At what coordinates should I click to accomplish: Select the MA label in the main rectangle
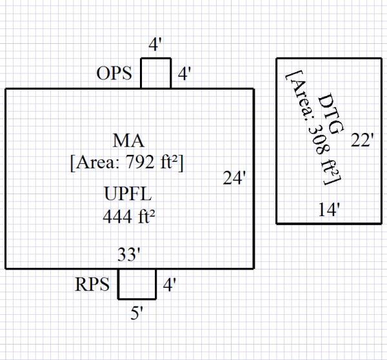click(128, 141)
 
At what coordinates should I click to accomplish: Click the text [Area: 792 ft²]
click(128, 162)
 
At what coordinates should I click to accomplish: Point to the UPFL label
click(128, 195)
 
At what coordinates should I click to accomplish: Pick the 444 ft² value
click(128, 217)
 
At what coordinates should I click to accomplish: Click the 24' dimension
click(235, 179)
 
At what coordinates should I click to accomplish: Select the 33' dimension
click(129, 255)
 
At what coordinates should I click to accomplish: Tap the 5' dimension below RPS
click(137, 315)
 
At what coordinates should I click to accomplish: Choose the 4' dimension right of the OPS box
click(184, 74)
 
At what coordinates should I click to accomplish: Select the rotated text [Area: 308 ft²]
click(312, 128)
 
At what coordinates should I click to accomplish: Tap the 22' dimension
click(362, 141)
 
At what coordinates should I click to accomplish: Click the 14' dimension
click(329, 210)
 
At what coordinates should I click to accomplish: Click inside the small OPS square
click(155, 74)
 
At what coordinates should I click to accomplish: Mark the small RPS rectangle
click(137, 284)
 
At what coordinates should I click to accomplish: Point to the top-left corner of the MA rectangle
click(6, 89)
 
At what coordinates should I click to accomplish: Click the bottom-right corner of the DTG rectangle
click(381, 223)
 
